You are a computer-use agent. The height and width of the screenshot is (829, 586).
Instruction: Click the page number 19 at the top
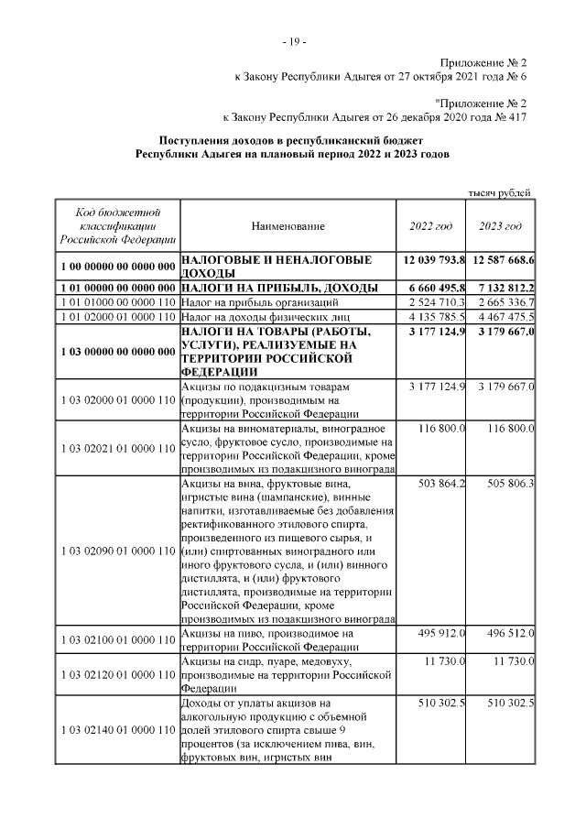coord(294,41)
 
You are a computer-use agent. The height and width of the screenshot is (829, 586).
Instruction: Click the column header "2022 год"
coord(430,226)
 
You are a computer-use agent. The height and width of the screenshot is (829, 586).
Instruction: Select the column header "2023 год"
coord(501,226)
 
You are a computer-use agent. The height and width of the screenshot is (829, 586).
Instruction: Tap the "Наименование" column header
coord(287,226)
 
